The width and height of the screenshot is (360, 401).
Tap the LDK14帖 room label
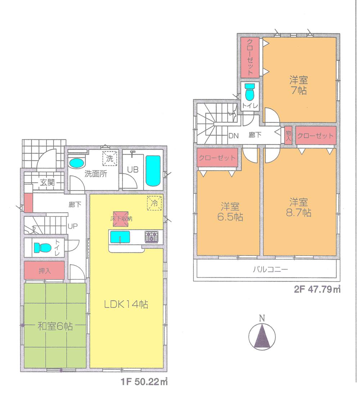[x=126, y=305]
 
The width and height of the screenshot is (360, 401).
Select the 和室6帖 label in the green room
[x=55, y=326]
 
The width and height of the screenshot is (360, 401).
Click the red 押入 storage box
[x=44, y=271]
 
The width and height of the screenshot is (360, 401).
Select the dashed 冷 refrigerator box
[x=154, y=203]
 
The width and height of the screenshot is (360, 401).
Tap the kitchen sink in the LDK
[x=121, y=237]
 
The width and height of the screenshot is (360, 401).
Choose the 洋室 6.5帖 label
[x=230, y=212]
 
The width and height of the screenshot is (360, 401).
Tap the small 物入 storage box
[x=288, y=136]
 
